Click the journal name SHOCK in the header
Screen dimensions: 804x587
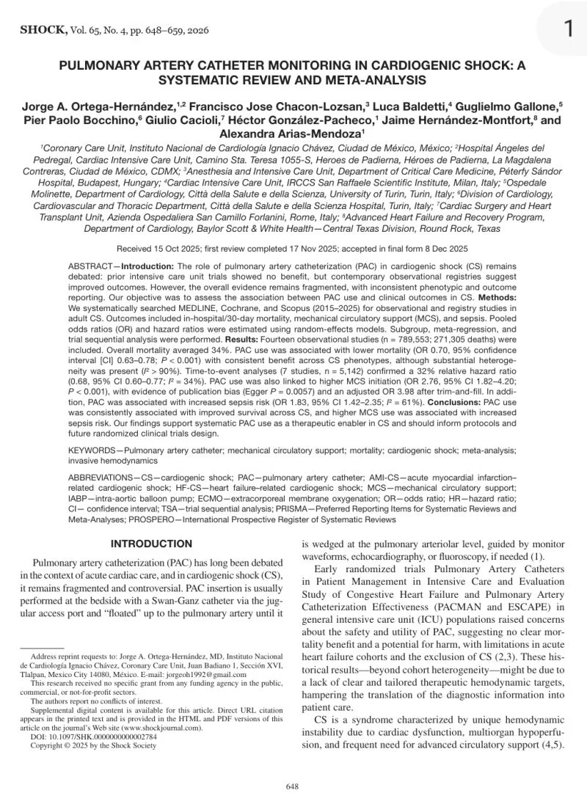pos(42,30)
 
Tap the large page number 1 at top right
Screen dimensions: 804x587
pos(569,29)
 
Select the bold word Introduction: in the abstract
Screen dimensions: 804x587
pos(147,266)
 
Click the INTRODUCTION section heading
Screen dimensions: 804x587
pos(151,544)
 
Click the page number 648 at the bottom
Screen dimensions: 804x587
pos(292,786)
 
